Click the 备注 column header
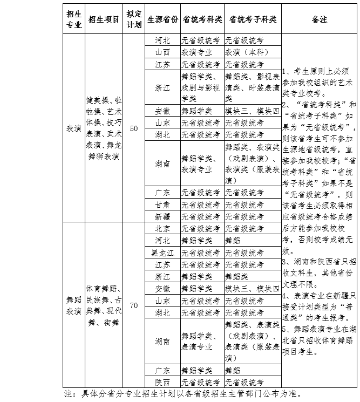coord(319,19)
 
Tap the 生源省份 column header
coord(162,19)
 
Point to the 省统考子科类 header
coord(252,19)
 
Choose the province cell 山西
coord(162,52)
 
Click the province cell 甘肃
coord(162,205)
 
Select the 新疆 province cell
coord(162,216)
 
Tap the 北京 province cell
coord(162,228)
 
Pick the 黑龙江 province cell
coord(162,252)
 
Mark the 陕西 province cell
coord(162,383)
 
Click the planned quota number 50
coord(134,128)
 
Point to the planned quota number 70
coord(134,305)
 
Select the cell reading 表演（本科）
coord(252,52)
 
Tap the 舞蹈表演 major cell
coord(73,305)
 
